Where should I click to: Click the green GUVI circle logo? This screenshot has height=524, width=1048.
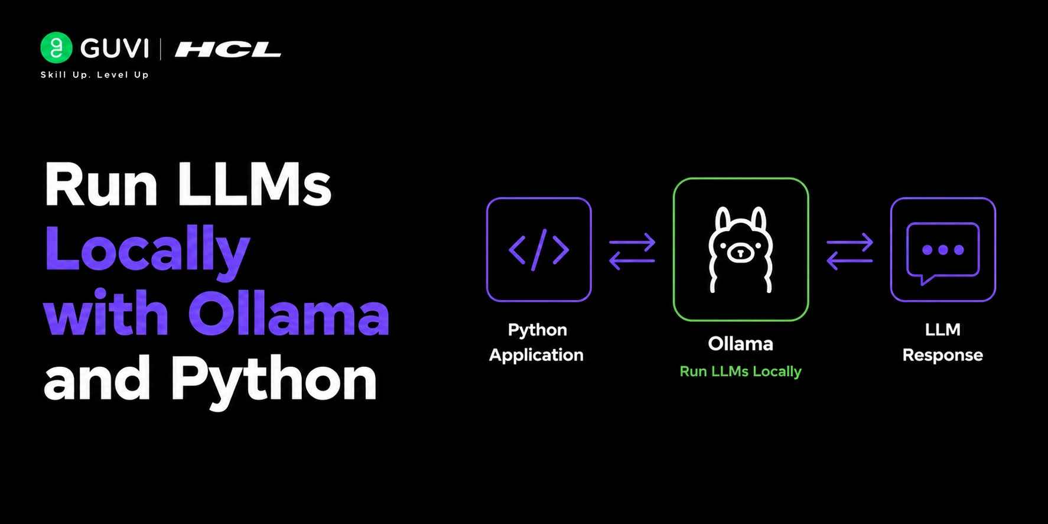(x=56, y=47)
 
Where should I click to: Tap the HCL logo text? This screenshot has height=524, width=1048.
(x=228, y=50)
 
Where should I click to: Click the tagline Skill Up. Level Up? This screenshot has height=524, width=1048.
(x=95, y=74)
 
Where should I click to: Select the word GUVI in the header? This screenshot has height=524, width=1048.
(x=114, y=48)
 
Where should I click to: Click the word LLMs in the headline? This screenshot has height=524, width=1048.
(x=254, y=184)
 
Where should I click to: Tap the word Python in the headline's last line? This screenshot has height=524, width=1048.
(x=274, y=380)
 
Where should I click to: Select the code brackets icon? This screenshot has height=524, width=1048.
(x=539, y=250)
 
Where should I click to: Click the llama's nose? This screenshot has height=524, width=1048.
(x=740, y=253)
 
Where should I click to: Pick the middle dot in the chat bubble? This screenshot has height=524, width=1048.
(x=943, y=250)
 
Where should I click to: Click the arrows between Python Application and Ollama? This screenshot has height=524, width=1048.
(x=632, y=251)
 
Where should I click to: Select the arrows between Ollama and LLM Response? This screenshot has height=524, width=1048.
(x=850, y=251)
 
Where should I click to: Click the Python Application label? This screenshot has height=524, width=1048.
(x=536, y=342)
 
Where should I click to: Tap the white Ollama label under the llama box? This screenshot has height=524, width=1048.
(x=740, y=344)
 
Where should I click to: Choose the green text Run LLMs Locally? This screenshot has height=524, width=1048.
(x=740, y=372)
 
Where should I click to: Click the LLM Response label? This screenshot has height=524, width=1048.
(x=943, y=342)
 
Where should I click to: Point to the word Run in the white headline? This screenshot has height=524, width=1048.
(x=101, y=184)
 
